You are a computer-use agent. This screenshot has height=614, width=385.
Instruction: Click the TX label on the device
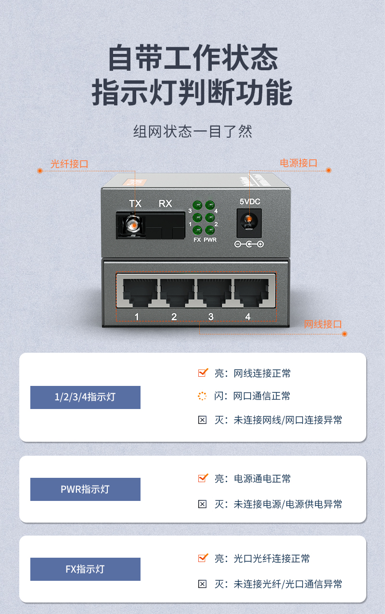[x=135, y=204]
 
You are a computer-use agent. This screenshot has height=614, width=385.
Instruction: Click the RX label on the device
[x=166, y=204]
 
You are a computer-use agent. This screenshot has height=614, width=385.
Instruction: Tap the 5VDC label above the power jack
[x=250, y=202]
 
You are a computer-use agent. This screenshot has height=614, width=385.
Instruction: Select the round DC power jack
[x=249, y=221]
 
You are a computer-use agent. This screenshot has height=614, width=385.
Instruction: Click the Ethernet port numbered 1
[x=140, y=293]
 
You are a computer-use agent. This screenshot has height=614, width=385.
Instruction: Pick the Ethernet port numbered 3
[x=214, y=293]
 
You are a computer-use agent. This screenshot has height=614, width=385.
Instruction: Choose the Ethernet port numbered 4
[x=252, y=293]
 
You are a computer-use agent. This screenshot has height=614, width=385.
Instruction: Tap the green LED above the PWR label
[x=210, y=230]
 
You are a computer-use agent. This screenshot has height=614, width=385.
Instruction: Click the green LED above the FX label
[x=197, y=230]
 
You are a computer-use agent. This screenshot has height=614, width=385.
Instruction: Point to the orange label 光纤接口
[x=69, y=164]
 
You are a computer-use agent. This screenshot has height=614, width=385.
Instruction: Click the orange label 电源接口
[x=298, y=163]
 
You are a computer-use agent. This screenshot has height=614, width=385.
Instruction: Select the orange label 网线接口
[x=323, y=324]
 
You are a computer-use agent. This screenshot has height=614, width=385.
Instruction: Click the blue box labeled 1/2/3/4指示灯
[x=85, y=397]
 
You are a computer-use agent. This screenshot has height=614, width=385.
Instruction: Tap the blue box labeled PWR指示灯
[x=85, y=489]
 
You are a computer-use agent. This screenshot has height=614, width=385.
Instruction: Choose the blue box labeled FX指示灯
[x=85, y=569]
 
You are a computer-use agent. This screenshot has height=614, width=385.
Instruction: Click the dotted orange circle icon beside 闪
[x=202, y=396]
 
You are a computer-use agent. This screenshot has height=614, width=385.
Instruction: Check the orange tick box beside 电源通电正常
[x=203, y=478]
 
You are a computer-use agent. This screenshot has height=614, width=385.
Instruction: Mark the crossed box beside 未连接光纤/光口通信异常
[x=203, y=584]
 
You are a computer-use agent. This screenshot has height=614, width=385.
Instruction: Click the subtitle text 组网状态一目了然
[x=192, y=131]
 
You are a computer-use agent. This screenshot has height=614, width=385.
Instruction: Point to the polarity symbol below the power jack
[x=249, y=244]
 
